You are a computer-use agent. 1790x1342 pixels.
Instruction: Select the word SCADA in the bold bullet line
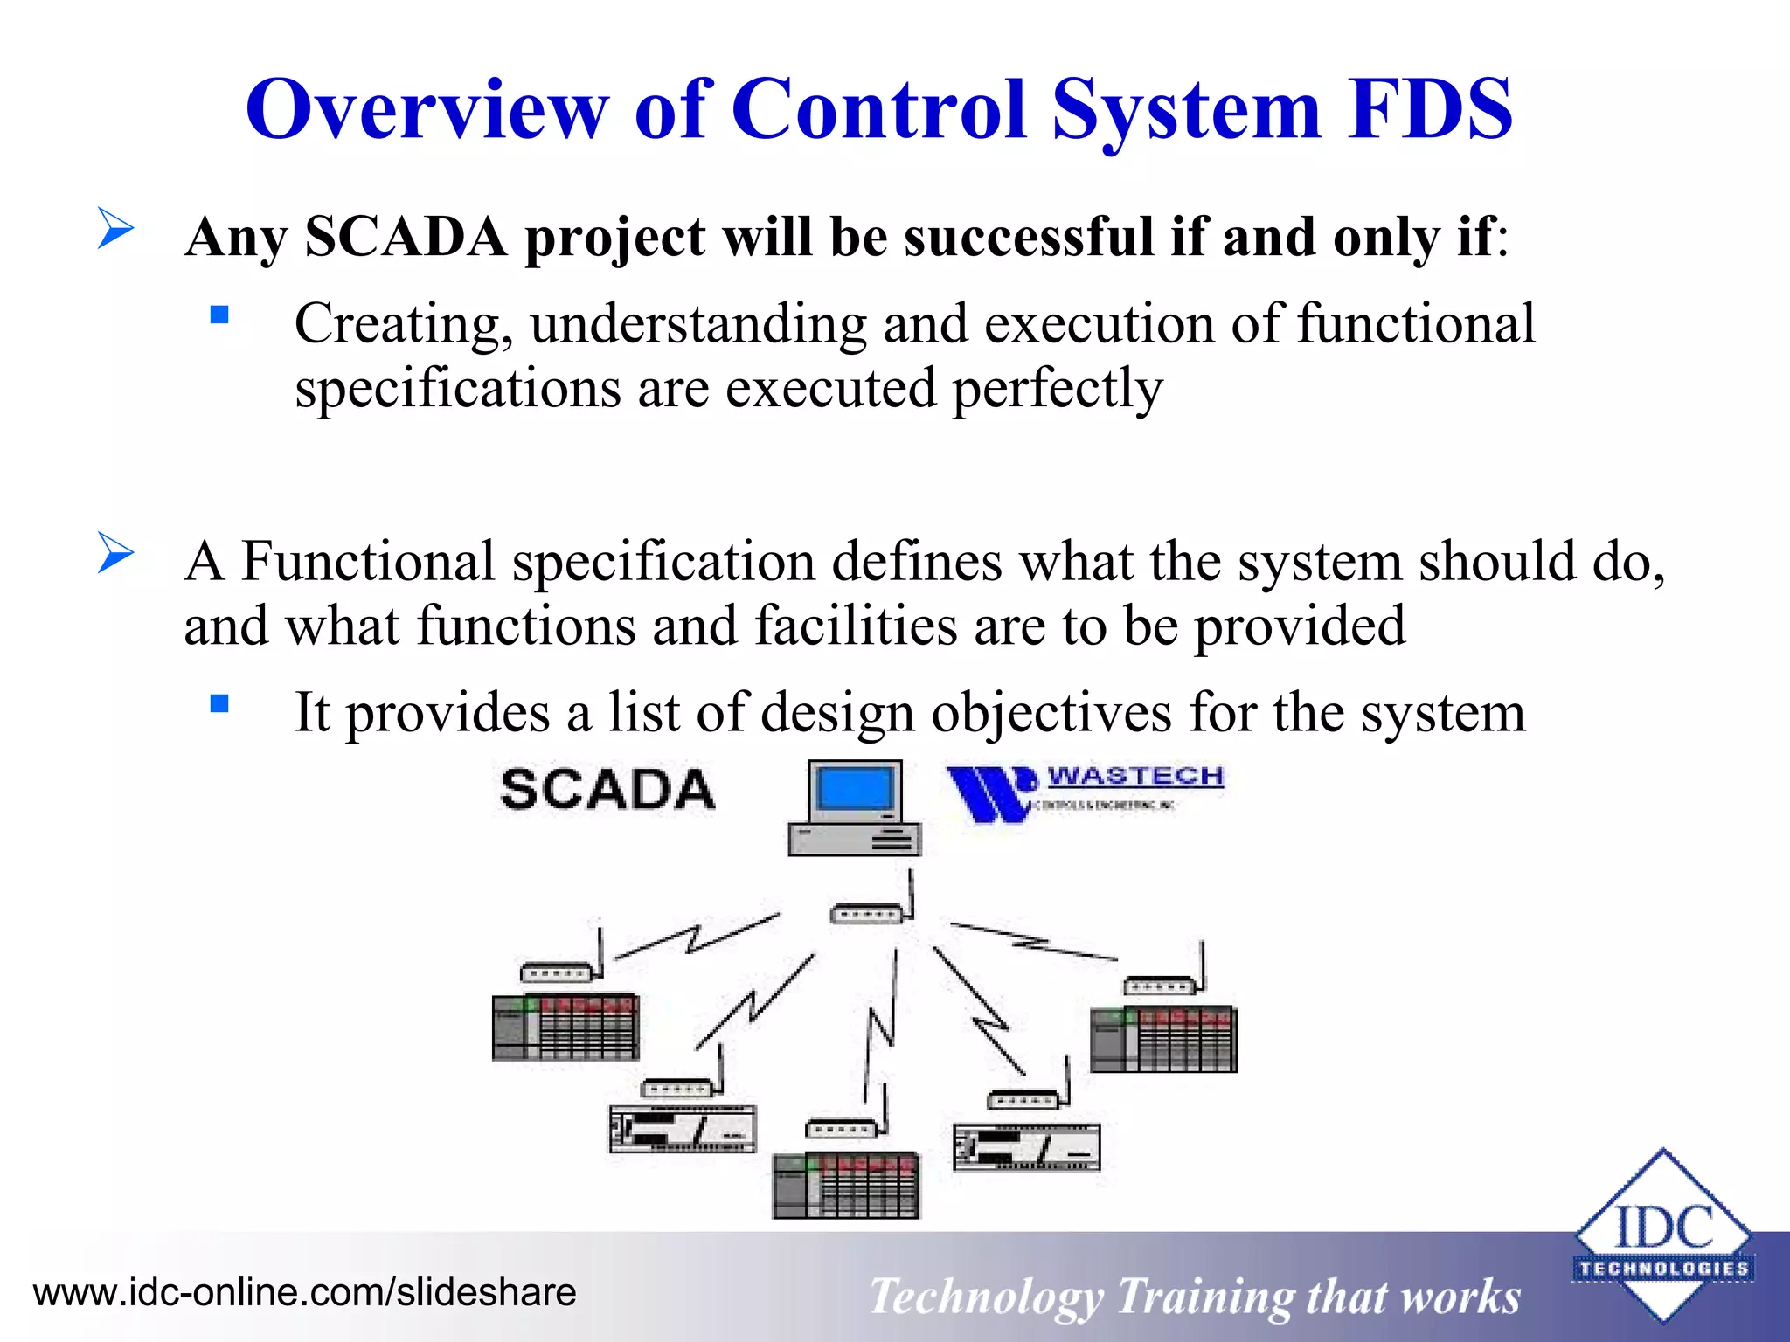click(406, 237)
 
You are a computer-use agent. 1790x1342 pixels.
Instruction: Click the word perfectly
click(1058, 389)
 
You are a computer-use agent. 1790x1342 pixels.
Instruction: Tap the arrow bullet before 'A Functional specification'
click(115, 553)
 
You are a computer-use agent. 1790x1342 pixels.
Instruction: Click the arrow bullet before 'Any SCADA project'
click(115, 228)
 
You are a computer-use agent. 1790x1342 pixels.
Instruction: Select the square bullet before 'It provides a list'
click(219, 703)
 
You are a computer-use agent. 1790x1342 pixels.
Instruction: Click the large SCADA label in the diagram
click(608, 790)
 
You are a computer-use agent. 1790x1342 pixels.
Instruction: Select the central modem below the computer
click(865, 914)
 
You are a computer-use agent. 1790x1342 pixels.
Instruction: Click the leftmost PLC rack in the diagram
click(565, 1027)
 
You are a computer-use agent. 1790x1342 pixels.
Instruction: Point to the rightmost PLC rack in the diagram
click(1163, 1040)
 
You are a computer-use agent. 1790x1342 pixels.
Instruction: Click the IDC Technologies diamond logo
click(1662, 1235)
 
